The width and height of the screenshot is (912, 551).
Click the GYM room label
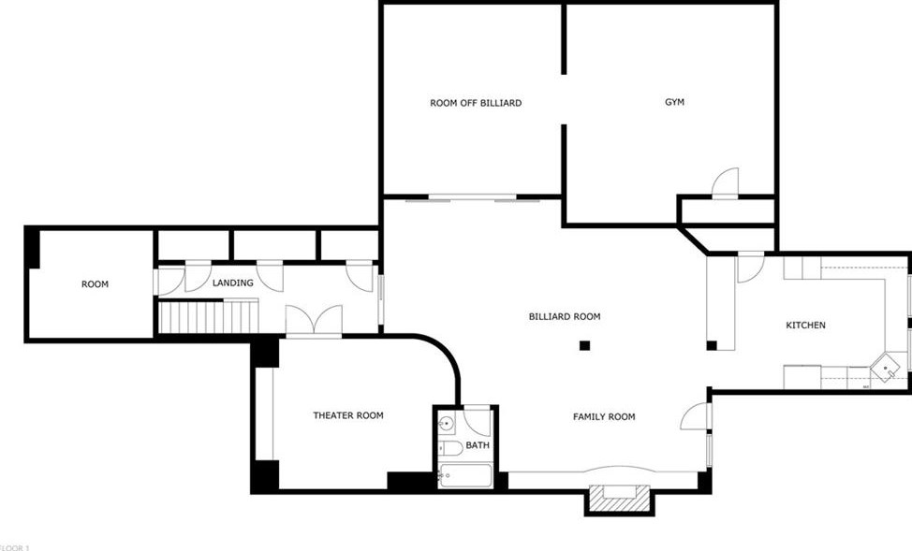(674, 102)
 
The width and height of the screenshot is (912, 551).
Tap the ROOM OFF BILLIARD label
(476, 103)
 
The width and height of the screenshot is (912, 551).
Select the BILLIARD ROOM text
(564, 316)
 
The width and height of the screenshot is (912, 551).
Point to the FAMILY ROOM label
(604, 416)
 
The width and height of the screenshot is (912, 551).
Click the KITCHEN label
(805, 325)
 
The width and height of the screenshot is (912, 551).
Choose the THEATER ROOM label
(347, 415)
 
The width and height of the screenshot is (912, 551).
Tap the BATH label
(478, 445)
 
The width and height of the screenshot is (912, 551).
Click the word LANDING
(232, 283)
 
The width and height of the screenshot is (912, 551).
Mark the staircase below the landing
(208, 316)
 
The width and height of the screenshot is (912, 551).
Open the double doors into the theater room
(314, 321)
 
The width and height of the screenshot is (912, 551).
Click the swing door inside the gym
(727, 183)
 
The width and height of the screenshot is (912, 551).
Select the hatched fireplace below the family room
(618, 501)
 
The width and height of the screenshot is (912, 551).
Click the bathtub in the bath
(463, 477)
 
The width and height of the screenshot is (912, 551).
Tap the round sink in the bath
(448, 424)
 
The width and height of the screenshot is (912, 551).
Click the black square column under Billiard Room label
(584, 345)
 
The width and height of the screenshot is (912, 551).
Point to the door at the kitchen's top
(751, 268)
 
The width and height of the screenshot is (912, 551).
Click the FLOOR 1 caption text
(14, 546)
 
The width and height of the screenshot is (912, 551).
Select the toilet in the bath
(450, 448)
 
